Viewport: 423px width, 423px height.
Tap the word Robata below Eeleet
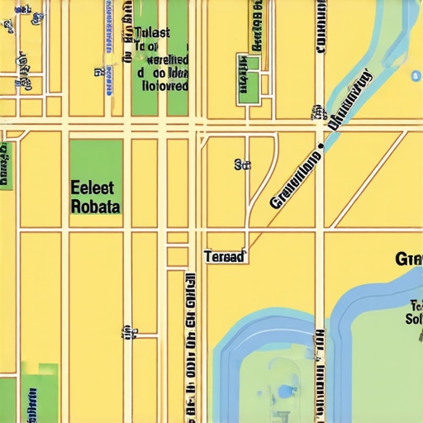tap(96, 206)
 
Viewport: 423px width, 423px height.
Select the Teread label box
tap(225, 257)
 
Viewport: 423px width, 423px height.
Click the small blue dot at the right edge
tap(415, 76)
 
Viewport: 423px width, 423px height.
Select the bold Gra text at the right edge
tap(409, 259)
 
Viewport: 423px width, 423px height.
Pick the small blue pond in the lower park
tap(286, 390)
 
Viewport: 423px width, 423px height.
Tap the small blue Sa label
tap(242, 164)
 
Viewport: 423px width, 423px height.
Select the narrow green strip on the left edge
tap(6, 165)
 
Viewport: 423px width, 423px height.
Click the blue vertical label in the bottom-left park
tap(34, 401)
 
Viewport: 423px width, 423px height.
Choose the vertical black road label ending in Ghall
tap(191, 347)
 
